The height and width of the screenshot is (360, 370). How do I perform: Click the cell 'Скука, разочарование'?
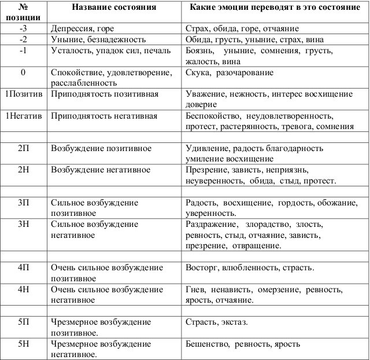(230, 74)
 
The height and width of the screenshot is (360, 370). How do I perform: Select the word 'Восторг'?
(201, 268)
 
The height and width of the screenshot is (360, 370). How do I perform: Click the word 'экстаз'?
(234, 322)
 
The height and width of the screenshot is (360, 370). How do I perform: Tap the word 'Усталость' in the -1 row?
(71, 51)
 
